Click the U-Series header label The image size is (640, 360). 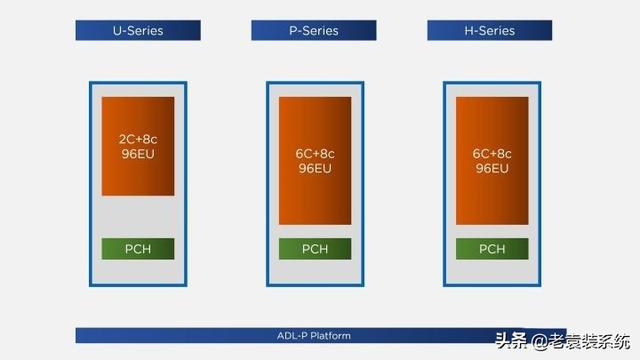click(x=138, y=30)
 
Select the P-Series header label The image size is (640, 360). click(x=314, y=30)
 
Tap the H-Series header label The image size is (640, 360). click(x=490, y=30)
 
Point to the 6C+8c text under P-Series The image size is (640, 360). click(x=315, y=153)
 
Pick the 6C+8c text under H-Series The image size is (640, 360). click(x=491, y=153)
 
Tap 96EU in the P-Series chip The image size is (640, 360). click(x=315, y=167)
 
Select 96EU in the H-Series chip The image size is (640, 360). click(x=491, y=167)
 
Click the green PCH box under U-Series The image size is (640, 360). click(x=138, y=249)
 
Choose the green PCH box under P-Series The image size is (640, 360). click(x=315, y=249)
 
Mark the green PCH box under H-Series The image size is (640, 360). click(x=491, y=249)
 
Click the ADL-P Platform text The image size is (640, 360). click(x=314, y=335)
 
